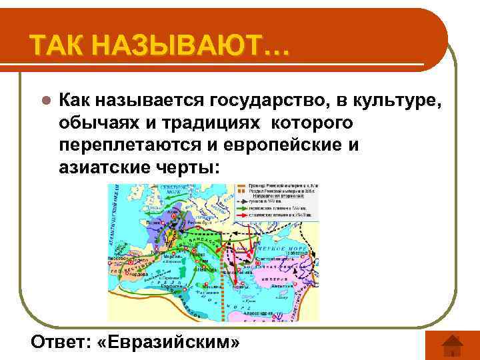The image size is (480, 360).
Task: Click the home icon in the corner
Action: pyautogui.click(x=443, y=345)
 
